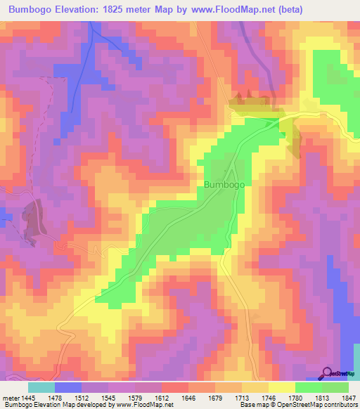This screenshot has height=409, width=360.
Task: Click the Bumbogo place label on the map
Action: coord(224,184)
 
